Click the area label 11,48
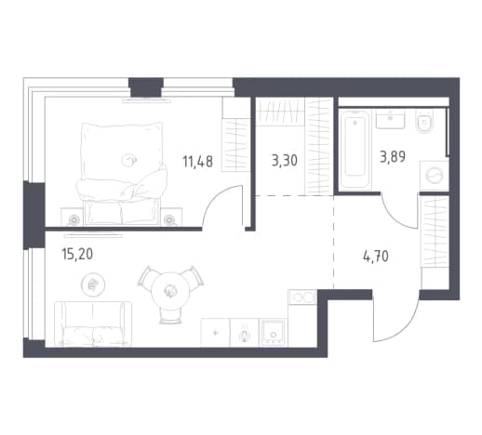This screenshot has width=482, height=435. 197,162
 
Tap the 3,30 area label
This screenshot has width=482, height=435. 284,161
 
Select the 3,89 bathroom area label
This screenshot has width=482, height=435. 393,157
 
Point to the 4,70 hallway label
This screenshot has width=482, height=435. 376,257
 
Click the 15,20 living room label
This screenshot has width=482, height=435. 77,255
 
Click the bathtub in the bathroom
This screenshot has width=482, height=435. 355,149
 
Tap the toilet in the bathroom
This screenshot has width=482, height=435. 424,121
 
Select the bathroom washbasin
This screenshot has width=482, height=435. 390,120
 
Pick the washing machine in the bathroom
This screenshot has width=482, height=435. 435,176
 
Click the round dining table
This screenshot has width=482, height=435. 170,290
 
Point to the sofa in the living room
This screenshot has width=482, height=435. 93,323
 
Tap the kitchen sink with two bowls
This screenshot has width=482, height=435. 301,297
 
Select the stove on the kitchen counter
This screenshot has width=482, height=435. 274,333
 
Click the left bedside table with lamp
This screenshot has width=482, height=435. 73,217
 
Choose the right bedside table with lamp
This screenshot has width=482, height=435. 170,217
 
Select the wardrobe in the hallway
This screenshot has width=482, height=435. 435,231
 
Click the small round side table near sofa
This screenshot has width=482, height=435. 93,284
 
